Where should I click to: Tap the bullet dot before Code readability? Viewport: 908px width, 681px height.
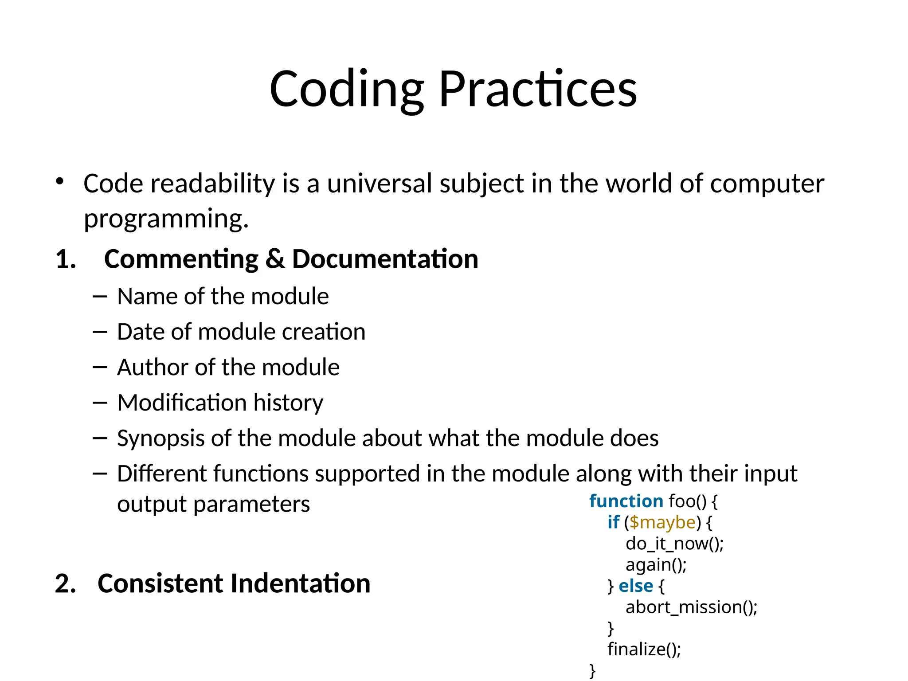[60, 181]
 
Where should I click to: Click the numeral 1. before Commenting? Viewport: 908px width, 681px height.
[66, 259]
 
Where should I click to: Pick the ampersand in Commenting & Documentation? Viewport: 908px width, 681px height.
[275, 259]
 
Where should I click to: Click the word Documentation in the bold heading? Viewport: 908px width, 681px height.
[385, 259]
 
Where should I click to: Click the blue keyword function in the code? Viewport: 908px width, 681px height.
[626, 501]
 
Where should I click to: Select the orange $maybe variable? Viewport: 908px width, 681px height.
[662, 522]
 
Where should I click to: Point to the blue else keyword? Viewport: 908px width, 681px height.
[635, 586]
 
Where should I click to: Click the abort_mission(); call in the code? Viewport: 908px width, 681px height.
[691, 607]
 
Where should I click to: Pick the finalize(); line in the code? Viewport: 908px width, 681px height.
[644, 649]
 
